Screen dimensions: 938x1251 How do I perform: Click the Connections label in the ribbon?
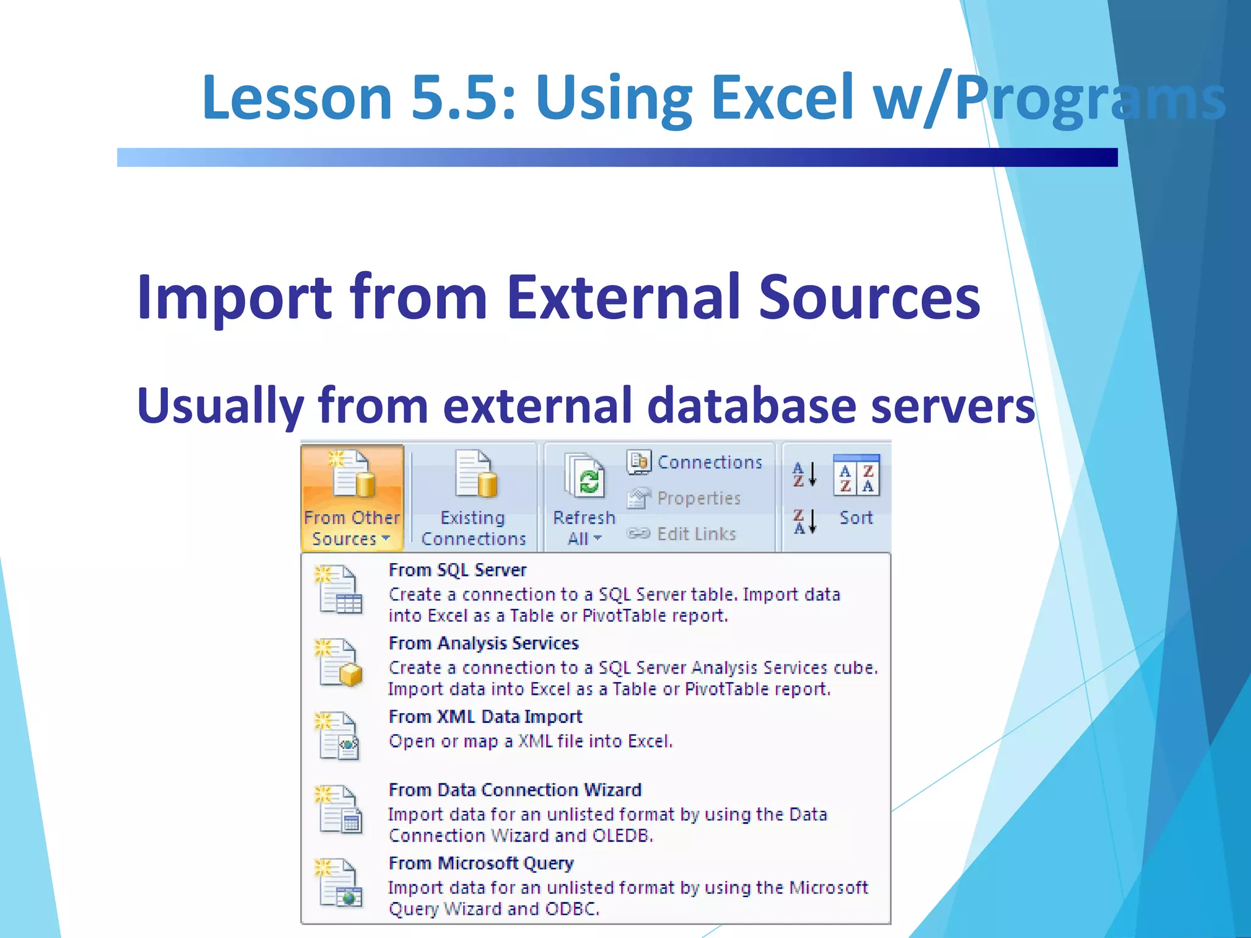[709, 462]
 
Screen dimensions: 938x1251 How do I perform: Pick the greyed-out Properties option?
[698, 498]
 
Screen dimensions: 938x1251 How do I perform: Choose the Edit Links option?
[696, 534]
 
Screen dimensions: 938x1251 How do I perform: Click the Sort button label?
[856, 518]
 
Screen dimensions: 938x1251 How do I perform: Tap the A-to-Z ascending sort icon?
[804, 474]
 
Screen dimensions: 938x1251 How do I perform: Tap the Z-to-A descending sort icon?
[804, 521]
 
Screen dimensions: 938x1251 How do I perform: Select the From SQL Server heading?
[458, 570]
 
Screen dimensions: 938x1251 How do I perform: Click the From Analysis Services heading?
[483, 644]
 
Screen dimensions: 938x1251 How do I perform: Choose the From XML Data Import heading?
[486, 717]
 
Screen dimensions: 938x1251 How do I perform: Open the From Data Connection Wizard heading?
[515, 790]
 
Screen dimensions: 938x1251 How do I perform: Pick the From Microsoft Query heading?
[481, 863]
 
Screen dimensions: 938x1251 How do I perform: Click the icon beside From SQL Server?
[340, 590]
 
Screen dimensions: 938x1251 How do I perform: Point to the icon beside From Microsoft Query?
[340, 883]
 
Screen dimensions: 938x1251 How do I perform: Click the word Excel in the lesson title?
[782, 98]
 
